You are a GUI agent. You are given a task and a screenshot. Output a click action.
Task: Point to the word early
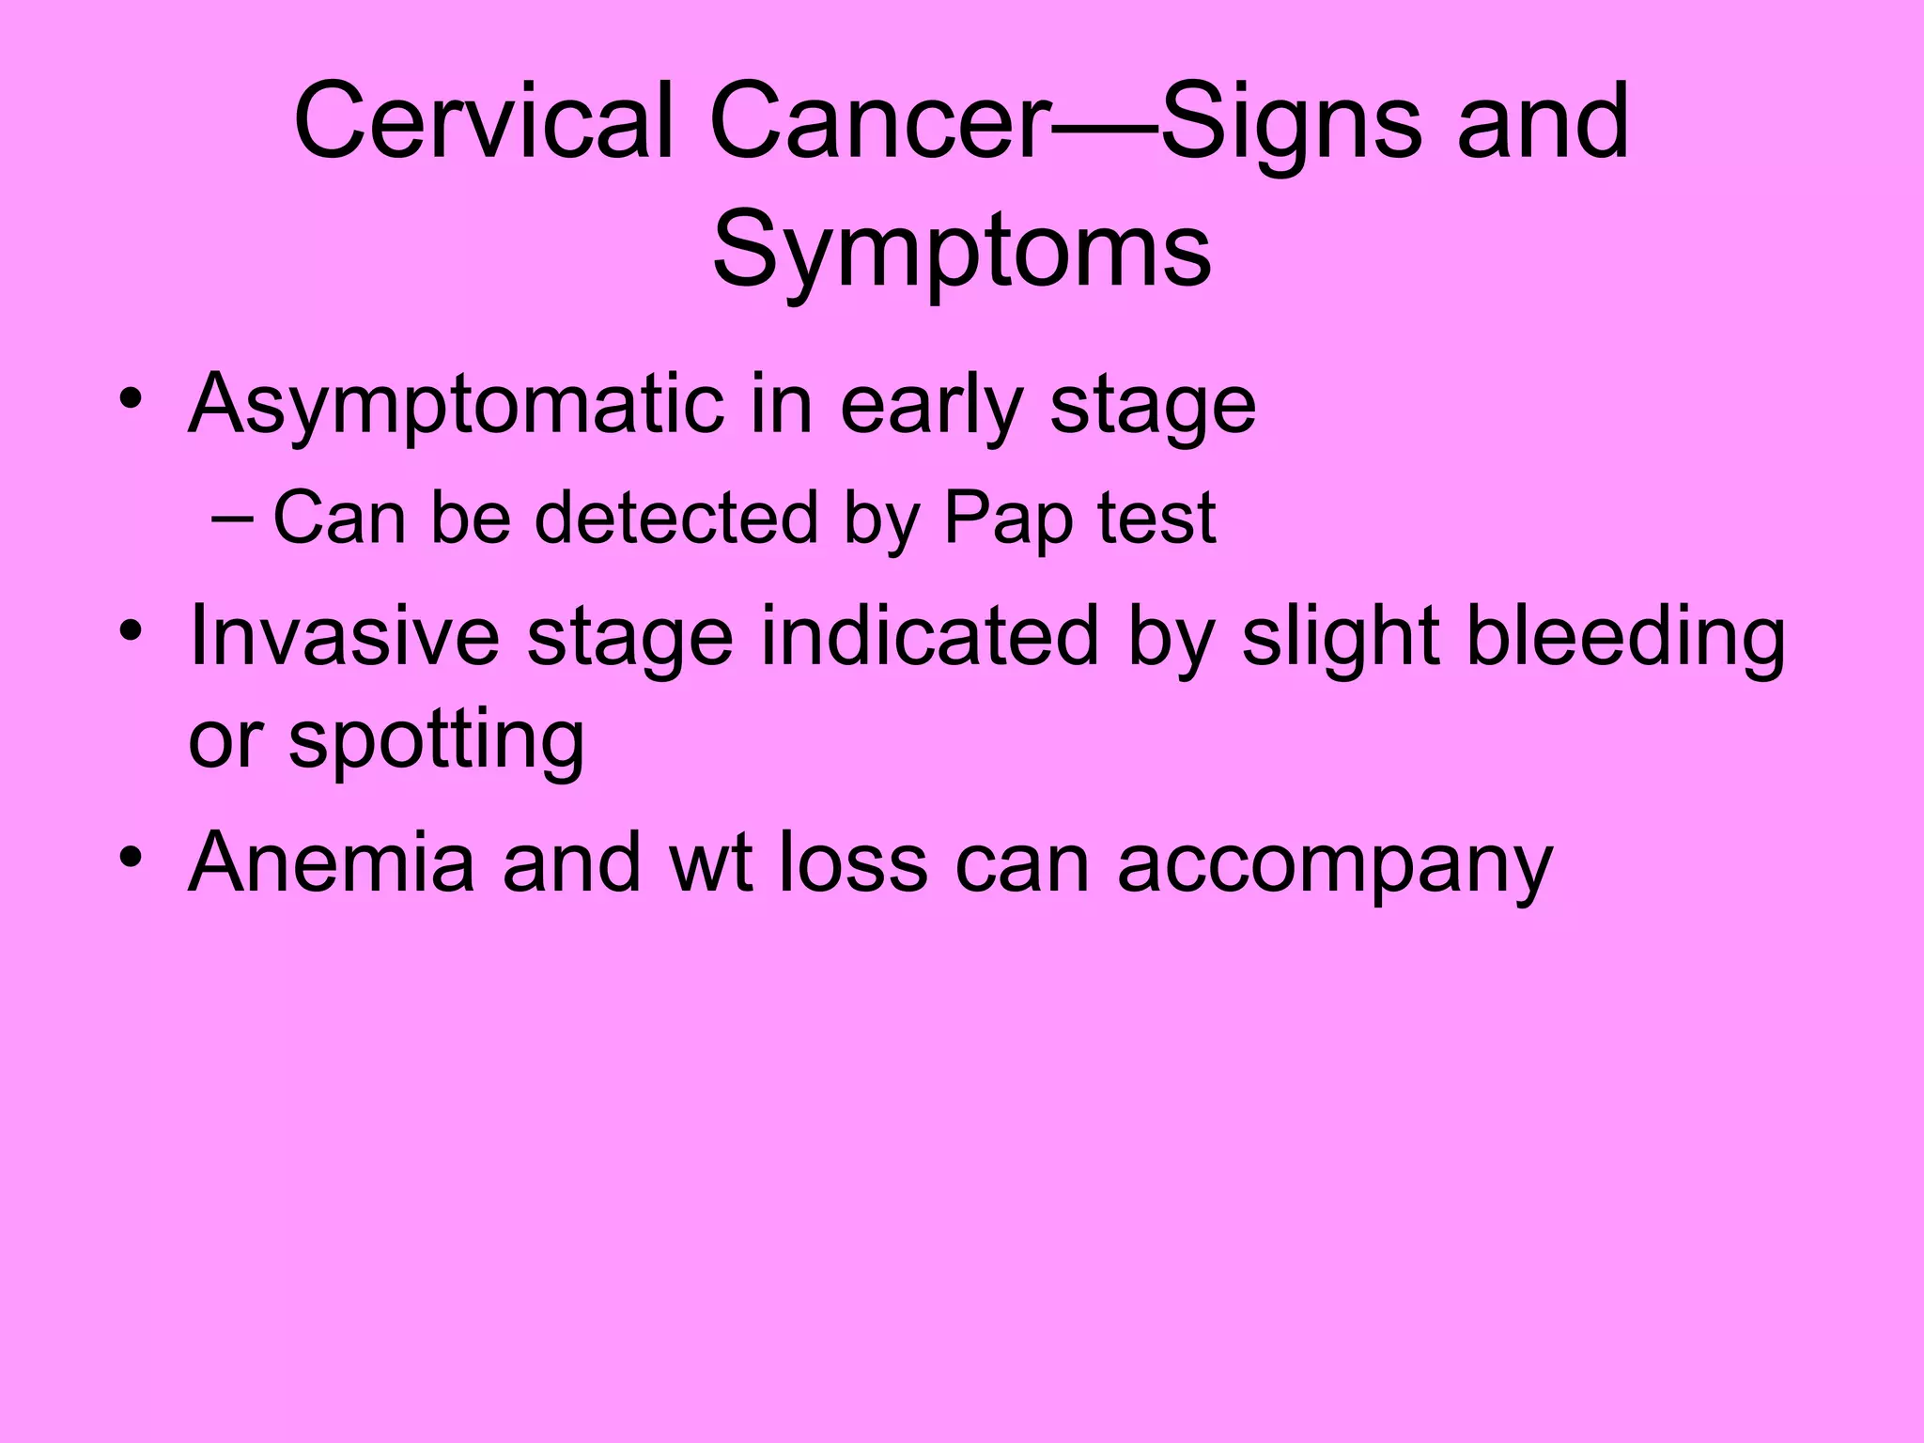pyautogui.click(x=931, y=405)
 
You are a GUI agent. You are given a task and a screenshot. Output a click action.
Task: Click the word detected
pyautogui.click(x=676, y=519)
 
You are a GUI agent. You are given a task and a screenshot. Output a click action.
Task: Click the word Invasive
pyautogui.click(x=344, y=636)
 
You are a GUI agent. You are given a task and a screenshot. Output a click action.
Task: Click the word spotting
pyautogui.click(x=437, y=739)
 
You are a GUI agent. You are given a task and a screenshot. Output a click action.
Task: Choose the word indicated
pyautogui.click(x=929, y=636)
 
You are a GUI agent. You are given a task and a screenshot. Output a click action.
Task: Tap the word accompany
pyautogui.click(x=1335, y=863)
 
